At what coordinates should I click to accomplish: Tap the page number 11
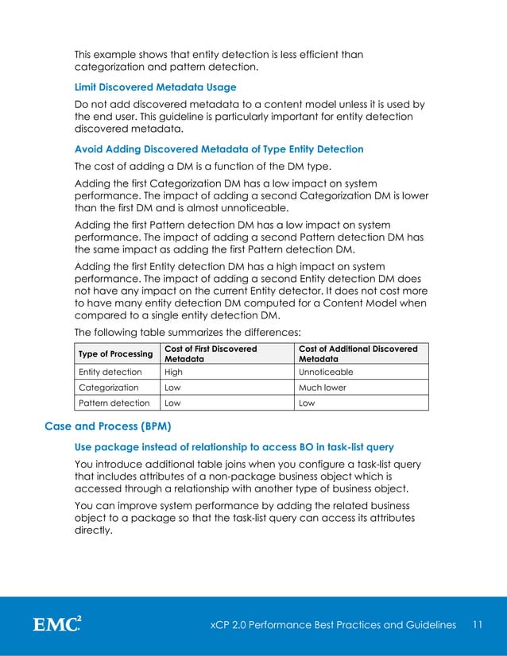point(478,625)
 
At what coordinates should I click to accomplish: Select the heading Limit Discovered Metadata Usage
point(155,87)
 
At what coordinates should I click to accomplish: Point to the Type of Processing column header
point(114,354)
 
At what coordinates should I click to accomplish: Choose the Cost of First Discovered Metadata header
point(210,354)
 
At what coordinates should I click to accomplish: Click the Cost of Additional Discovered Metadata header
point(357,354)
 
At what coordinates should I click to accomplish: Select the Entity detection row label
point(110,372)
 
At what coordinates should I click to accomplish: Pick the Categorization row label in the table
point(108,388)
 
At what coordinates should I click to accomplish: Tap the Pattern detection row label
point(112,403)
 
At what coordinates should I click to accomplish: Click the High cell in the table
point(173,372)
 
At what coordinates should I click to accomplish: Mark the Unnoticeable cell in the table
point(326,372)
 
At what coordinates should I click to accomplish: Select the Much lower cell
point(322,388)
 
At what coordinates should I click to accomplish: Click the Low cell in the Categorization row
point(172,388)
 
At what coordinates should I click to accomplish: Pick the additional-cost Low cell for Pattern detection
point(307,403)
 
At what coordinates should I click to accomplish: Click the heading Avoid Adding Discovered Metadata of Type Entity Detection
point(219,149)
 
